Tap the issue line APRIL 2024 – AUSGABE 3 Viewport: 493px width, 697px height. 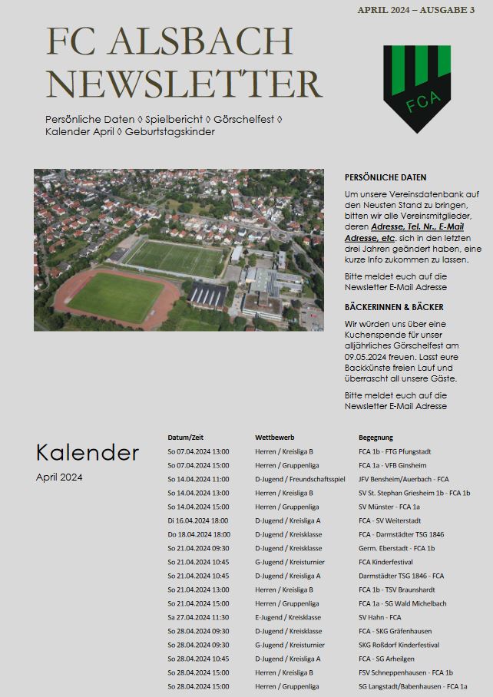(415, 10)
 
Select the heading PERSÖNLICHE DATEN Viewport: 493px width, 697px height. (385, 177)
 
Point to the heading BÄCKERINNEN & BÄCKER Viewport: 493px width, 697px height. (394, 307)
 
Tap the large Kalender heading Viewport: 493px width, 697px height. (88, 453)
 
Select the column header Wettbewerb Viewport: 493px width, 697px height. (275, 438)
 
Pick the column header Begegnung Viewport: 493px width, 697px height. (376, 438)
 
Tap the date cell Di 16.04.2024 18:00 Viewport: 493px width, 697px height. (198, 520)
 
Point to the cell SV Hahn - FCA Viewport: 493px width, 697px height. (379, 617)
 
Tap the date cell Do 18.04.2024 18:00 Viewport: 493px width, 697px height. (198, 534)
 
